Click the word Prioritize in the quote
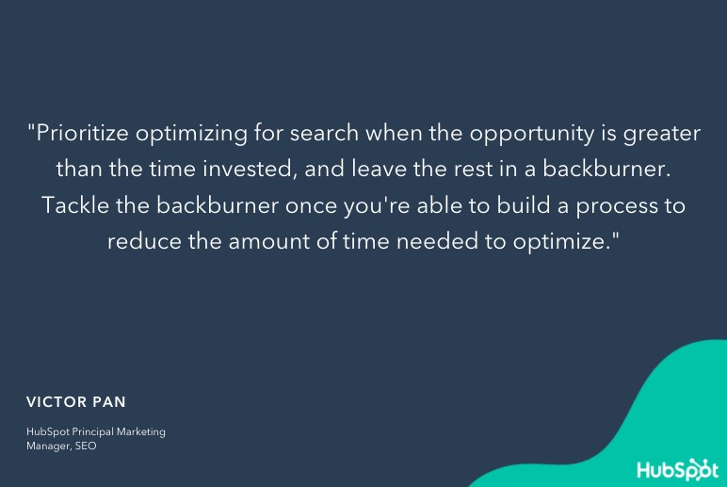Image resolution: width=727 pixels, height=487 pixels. pos(82,133)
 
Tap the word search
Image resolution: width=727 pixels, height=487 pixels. pos(324,133)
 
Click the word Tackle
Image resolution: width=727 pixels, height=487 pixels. pos(75,205)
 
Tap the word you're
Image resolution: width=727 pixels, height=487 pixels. pos(377,206)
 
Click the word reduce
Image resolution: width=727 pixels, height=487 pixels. pos(144,241)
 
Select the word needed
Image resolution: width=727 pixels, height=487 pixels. pos(437,241)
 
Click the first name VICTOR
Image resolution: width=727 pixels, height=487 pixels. pos(57,402)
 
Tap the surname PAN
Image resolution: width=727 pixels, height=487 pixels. pos(109,402)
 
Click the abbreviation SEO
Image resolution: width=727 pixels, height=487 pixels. pos(86,446)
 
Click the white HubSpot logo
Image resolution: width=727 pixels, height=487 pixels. pos(677,469)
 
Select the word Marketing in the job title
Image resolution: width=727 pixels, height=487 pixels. pos(141,432)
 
